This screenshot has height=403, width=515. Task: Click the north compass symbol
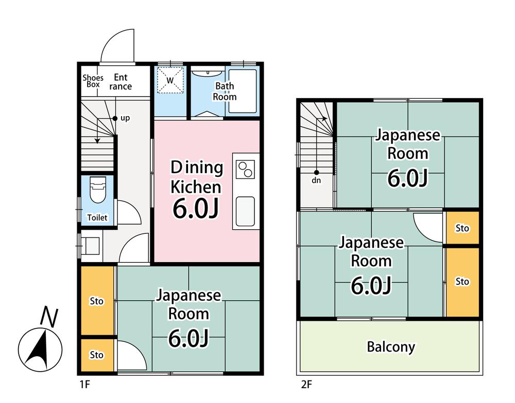click(40, 349)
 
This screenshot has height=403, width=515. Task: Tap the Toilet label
click(97, 217)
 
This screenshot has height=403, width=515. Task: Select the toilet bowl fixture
click(98, 190)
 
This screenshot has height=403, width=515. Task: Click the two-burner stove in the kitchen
click(246, 170)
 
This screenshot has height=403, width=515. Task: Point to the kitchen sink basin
click(245, 211)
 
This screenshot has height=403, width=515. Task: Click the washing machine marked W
click(170, 80)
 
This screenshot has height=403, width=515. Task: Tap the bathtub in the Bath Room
click(243, 91)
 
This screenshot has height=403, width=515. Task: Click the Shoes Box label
click(93, 81)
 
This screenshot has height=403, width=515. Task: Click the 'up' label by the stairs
click(125, 118)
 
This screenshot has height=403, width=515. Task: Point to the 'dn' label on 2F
click(316, 180)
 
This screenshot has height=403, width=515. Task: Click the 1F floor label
click(85, 384)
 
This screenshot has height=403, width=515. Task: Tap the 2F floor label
click(306, 384)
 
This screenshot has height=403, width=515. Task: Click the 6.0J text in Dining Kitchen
click(196, 209)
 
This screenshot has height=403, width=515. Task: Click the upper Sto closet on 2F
click(462, 228)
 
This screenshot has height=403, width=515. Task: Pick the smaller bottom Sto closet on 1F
click(97, 355)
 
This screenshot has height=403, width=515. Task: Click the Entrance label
click(121, 82)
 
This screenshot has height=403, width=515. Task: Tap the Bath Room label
click(225, 91)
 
